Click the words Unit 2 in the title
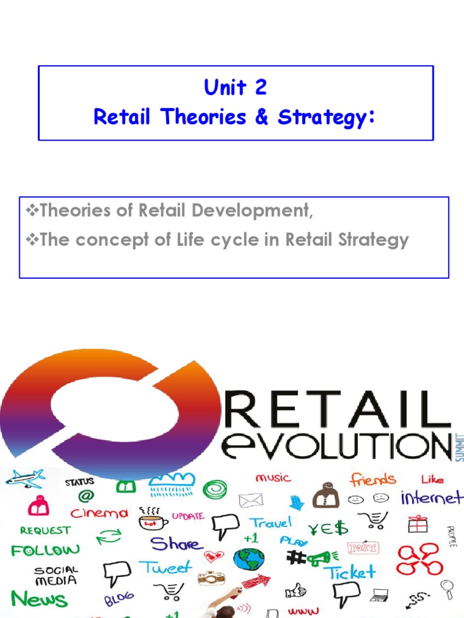(236, 88)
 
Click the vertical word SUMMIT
(459, 447)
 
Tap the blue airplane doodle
(25, 479)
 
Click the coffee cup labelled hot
(152, 521)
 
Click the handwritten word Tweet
(166, 568)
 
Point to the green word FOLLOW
(45, 550)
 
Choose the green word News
(39, 599)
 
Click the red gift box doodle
(417, 523)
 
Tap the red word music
(274, 477)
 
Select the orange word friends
(373, 480)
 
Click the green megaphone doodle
(318, 559)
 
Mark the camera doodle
(211, 578)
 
